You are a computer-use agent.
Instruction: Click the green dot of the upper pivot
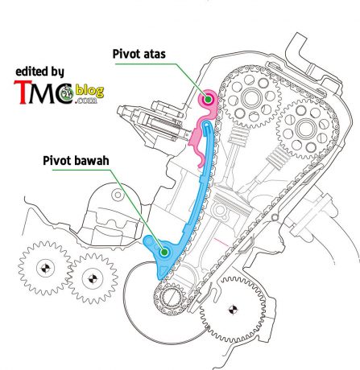tap(208, 100)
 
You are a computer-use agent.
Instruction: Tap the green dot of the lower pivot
tap(164, 252)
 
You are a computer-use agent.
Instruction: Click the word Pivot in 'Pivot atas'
tap(126, 54)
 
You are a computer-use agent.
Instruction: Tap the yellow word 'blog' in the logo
tap(89, 91)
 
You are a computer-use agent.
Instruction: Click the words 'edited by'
tap(39, 72)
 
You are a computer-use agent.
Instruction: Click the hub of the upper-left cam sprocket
tap(251, 98)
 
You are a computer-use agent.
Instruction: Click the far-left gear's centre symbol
tap(45, 268)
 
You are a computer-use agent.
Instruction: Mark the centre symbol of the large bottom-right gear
tap(233, 310)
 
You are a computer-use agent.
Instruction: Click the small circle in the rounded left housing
tap(118, 195)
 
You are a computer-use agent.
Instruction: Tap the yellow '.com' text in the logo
tap(86, 101)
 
